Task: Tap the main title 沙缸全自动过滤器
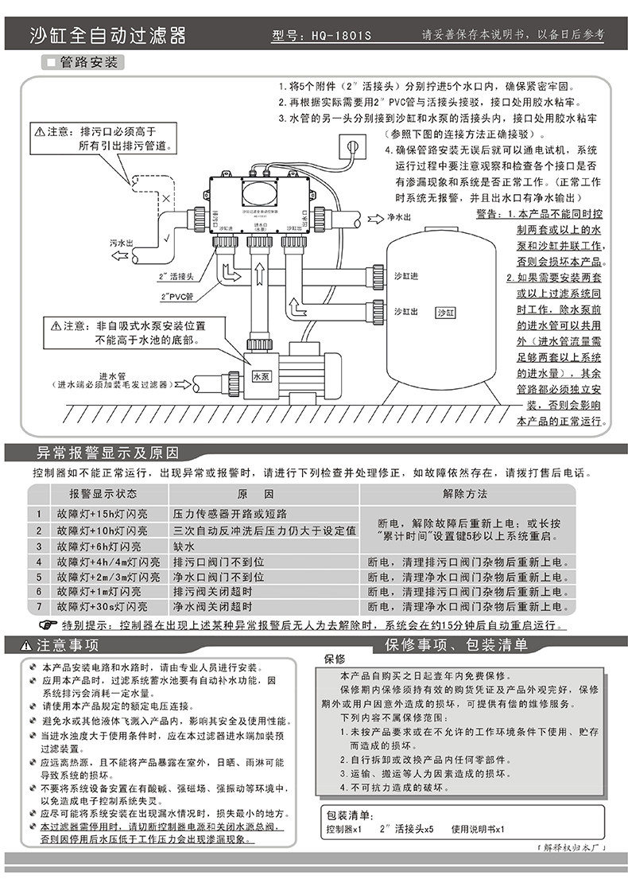point(107,36)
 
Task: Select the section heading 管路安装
point(88,62)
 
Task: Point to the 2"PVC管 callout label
point(175,296)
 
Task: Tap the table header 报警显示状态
point(103,493)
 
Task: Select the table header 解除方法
point(465,493)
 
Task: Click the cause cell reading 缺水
point(185,547)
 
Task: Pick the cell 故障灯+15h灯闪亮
point(102,514)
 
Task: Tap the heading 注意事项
point(67,644)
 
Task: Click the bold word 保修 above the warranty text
point(335,659)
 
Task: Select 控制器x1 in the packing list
point(343,830)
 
